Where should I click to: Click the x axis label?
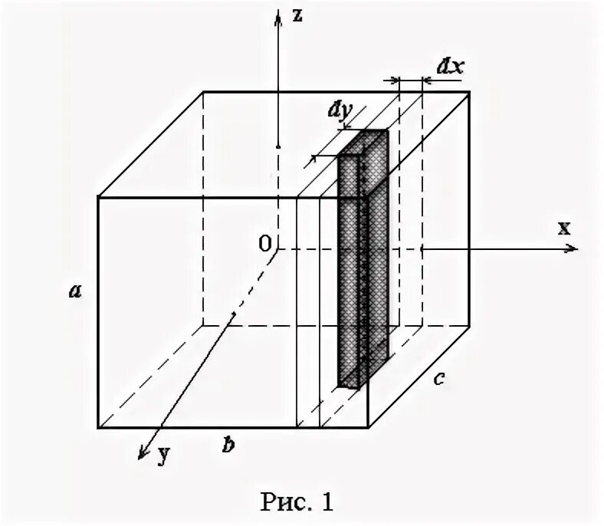point(564,228)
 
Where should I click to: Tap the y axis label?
point(162,455)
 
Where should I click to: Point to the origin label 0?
point(264,244)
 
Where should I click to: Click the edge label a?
point(74,290)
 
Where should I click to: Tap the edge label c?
point(438,378)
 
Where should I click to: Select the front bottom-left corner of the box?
point(98,426)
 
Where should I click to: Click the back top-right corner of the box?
point(469,92)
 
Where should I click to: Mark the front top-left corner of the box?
point(98,198)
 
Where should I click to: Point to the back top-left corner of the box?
point(203,92)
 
